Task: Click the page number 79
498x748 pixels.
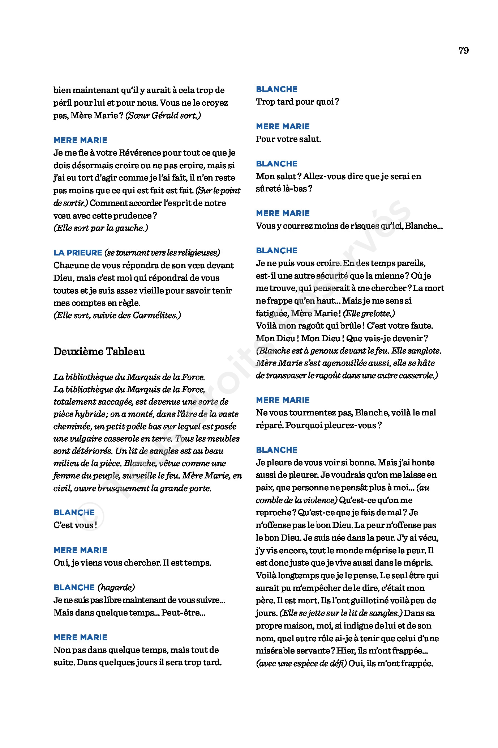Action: click(x=463, y=51)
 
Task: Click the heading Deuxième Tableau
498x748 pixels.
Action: click(x=99, y=351)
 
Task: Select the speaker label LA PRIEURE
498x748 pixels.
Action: click(x=78, y=253)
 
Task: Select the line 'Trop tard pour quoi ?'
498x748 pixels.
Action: click(x=297, y=102)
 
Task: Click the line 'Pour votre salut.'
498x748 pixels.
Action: click(x=288, y=139)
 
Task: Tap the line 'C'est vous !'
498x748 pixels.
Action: click(x=75, y=525)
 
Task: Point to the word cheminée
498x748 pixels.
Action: click(x=71, y=426)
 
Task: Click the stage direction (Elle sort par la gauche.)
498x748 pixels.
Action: click(x=101, y=228)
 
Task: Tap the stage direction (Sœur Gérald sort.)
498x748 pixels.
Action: click(x=163, y=115)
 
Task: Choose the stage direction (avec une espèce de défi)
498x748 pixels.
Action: click(x=301, y=663)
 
